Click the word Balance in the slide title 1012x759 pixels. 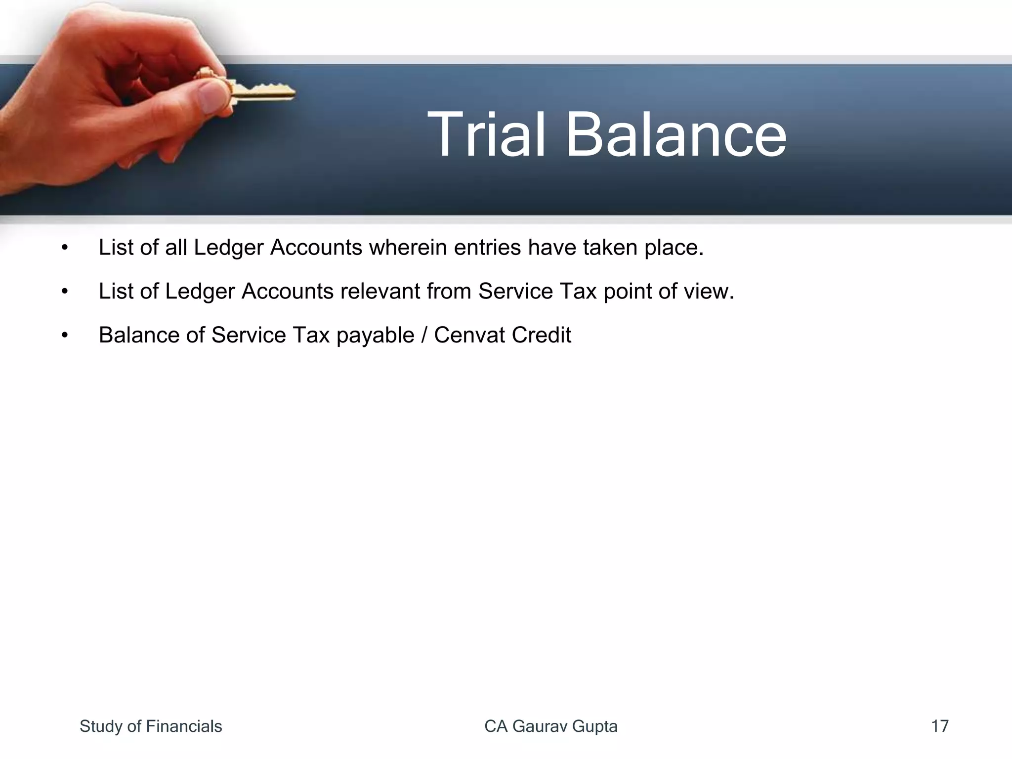click(x=675, y=135)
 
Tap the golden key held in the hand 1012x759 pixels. click(x=262, y=92)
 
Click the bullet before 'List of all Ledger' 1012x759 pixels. click(x=64, y=248)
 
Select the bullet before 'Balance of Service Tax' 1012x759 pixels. click(x=64, y=336)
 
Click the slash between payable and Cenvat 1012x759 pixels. click(x=424, y=335)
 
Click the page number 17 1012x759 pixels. click(x=939, y=726)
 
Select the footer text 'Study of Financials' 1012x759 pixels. click(x=151, y=726)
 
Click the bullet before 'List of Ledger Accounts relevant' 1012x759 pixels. click(x=64, y=292)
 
